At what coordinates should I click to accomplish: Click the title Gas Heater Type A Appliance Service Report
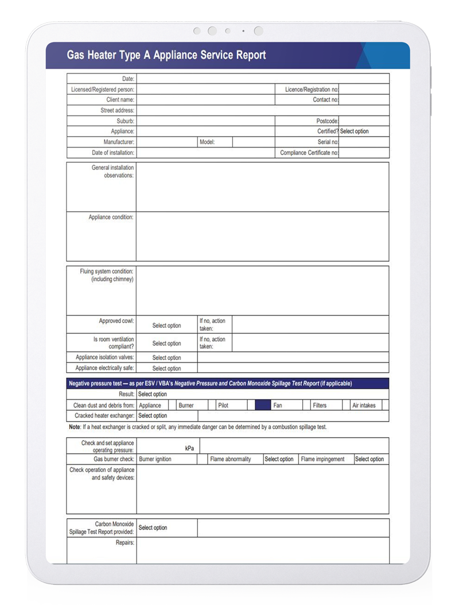(x=166, y=55)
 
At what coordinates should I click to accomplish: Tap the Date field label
(x=128, y=79)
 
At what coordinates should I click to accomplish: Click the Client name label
(x=120, y=100)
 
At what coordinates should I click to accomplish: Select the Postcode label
(x=327, y=121)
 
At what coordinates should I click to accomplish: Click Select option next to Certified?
(x=355, y=132)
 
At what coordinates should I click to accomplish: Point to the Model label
(x=207, y=142)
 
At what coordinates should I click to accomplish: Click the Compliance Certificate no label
(x=309, y=153)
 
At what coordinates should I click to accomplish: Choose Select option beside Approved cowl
(x=166, y=326)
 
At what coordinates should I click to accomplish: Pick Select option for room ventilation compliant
(x=166, y=343)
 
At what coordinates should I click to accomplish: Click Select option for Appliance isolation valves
(x=166, y=358)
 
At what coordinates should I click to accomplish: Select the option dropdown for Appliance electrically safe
(x=166, y=369)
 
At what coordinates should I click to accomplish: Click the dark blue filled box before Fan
(x=262, y=406)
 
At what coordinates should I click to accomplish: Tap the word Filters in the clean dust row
(x=320, y=406)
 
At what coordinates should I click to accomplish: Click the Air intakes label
(x=364, y=406)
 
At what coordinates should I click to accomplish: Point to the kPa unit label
(x=189, y=448)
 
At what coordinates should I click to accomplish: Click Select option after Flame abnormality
(x=279, y=459)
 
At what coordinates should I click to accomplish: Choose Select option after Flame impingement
(x=369, y=459)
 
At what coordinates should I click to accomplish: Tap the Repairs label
(x=125, y=542)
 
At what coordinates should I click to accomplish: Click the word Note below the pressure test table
(x=74, y=427)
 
